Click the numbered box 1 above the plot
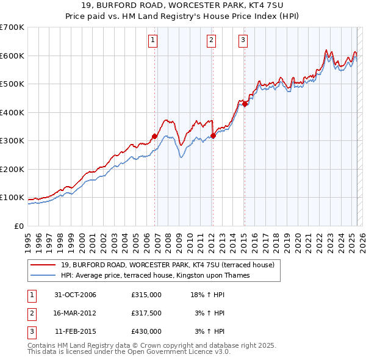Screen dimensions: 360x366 [x=152, y=41]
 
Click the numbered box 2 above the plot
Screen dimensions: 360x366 [x=211, y=41]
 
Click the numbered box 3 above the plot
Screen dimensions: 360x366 [x=243, y=41]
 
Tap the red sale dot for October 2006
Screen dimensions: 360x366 [x=155, y=137]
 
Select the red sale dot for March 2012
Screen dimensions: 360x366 [x=213, y=135]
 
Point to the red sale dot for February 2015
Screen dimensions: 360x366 [x=245, y=104]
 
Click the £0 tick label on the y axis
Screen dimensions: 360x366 [x=18, y=226]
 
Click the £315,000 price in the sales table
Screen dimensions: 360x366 [x=146, y=295]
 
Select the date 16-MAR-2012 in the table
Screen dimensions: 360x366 [x=76, y=313]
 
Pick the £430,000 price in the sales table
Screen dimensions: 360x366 [x=146, y=331]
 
